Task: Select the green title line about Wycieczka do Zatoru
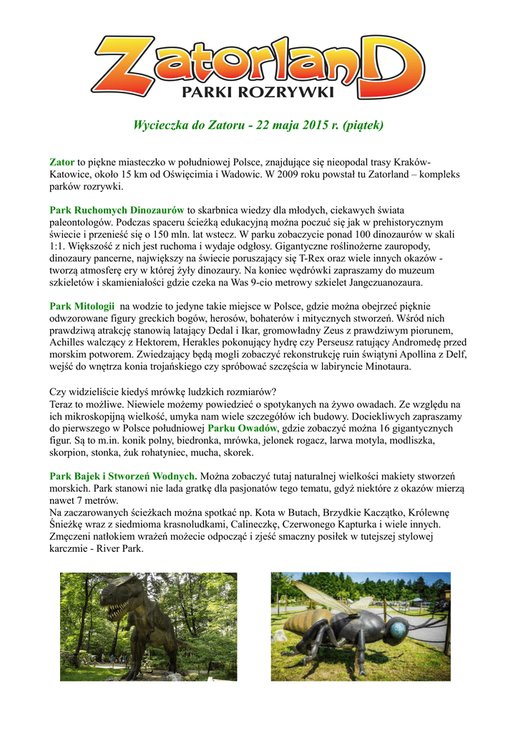tap(258, 125)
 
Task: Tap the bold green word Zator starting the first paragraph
tap(62, 162)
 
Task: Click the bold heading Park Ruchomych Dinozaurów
tap(117, 210)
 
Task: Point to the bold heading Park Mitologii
tap(82, 306)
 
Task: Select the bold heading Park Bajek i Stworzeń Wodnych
tap(123, 476)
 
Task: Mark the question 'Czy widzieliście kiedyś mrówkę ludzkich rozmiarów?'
tap(162, 392)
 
